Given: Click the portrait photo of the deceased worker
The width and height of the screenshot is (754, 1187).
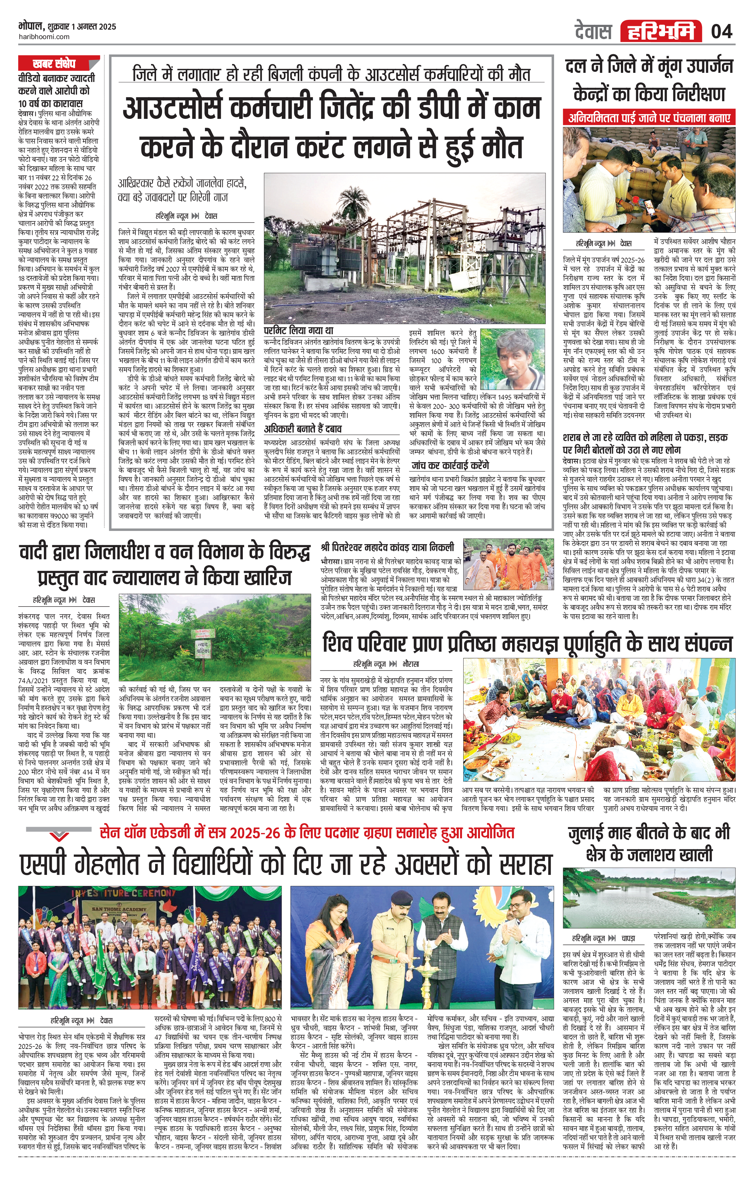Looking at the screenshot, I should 512,359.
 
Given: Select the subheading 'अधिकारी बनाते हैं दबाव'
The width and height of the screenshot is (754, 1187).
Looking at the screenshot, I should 303,428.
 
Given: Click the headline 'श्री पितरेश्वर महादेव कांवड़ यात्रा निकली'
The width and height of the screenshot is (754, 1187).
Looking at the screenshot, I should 387,548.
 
